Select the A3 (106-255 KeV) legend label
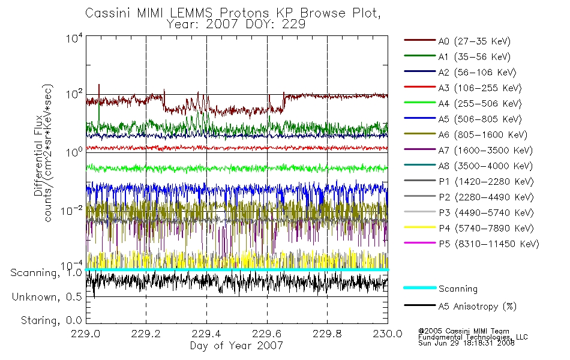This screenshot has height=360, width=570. click(480, 88)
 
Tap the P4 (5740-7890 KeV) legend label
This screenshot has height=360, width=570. click(487, 229)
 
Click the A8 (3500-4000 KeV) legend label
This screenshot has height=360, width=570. click(485, 166)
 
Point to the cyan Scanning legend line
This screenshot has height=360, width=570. click(420, 287)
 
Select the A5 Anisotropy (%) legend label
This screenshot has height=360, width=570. click(478, 307)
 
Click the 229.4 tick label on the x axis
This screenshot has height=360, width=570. click(206, 334)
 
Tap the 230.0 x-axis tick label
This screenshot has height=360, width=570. click(388, 334)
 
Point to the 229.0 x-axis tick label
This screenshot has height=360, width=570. click(86, 334)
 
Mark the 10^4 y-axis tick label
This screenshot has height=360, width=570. click(74, 38)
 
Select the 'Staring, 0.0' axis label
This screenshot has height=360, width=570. click(51, 320)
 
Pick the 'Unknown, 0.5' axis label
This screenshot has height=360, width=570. click(47, 297)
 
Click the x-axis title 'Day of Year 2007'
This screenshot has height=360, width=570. click(236, 345)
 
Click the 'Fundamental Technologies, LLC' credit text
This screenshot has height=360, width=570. click(473, 337)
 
